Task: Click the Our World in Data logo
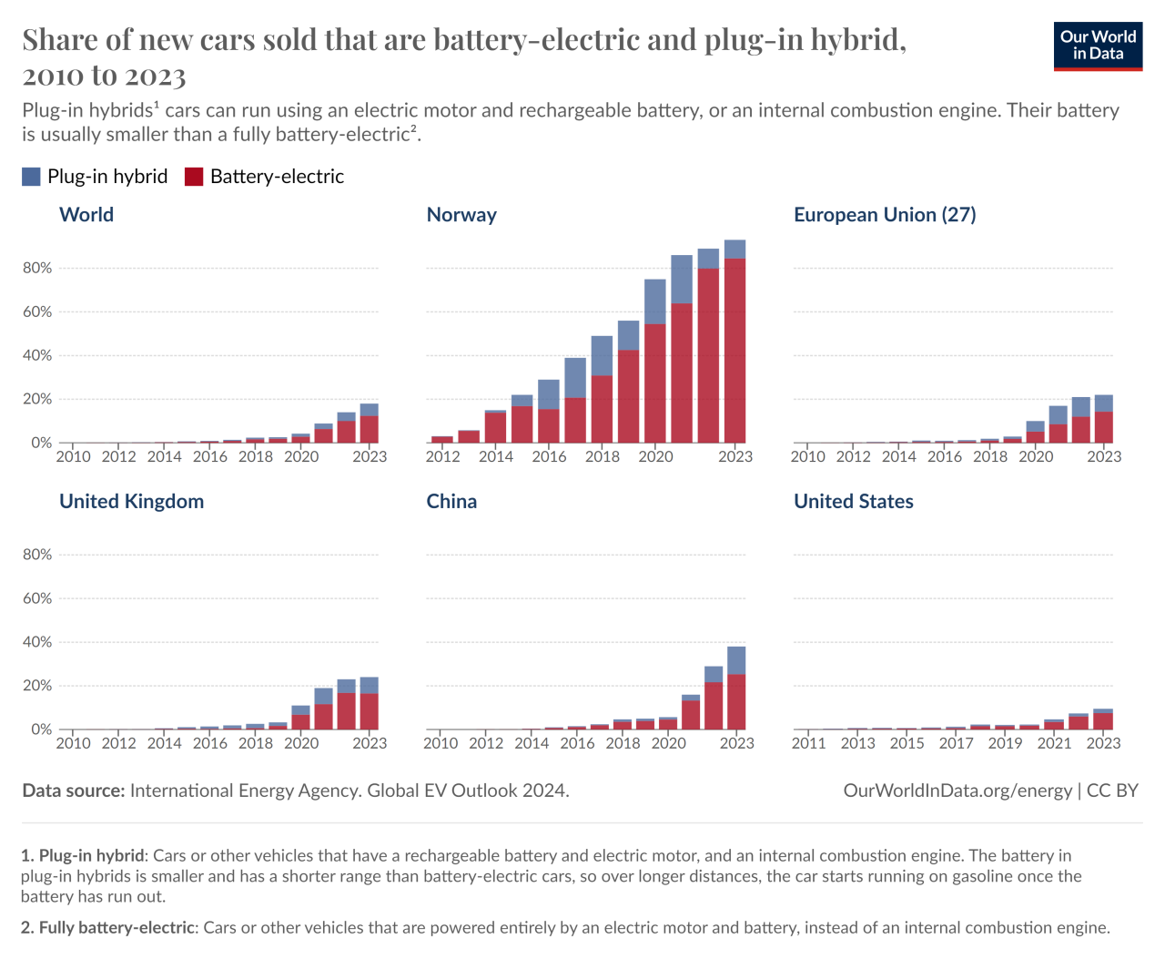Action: coord(1098,46)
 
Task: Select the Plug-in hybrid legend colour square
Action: coord(32,177)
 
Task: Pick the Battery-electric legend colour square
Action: coord(194,177)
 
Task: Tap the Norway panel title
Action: coord(461,215)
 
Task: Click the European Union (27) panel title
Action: coord(885,215)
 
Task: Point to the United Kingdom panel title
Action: coord(131,502)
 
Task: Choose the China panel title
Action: coord(451,502)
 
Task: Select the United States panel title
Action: coord(853,502)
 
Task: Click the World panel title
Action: coord(86,215)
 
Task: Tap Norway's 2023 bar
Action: coord(734,342)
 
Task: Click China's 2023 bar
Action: coord(736,688)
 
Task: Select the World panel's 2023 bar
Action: coord(370,423)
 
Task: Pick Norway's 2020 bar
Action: coord(655,362)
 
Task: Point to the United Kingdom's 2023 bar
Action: coord(370,703)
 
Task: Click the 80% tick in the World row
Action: coord(37,268)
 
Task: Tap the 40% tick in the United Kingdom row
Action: coord(37,642)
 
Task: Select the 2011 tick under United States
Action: coord(808,743)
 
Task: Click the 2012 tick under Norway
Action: coord(443,456)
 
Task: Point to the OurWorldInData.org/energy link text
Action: coord(957,791)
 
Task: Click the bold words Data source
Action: coord(73,791)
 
